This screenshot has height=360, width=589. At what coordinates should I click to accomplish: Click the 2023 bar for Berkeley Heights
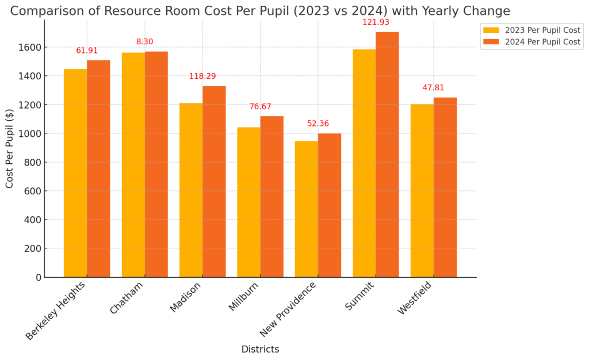75,173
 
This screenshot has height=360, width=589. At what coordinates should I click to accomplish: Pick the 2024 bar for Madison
214,181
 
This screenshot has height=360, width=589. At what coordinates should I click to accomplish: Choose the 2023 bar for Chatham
133,164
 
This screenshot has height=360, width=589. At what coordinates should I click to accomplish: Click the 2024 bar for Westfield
445,187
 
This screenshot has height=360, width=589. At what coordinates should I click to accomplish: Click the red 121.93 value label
376,22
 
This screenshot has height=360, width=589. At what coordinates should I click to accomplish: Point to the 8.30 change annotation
145,42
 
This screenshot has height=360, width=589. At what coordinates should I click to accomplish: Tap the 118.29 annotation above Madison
202,76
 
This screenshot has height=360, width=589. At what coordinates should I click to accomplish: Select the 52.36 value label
318,124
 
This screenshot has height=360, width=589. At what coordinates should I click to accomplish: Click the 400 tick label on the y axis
33,220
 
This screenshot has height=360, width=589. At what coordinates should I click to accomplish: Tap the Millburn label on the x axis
244,296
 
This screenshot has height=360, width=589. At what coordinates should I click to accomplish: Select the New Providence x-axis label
289,309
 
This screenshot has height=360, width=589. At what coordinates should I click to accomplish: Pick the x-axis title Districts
260,349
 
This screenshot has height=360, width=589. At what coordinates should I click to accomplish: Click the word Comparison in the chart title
47,11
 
